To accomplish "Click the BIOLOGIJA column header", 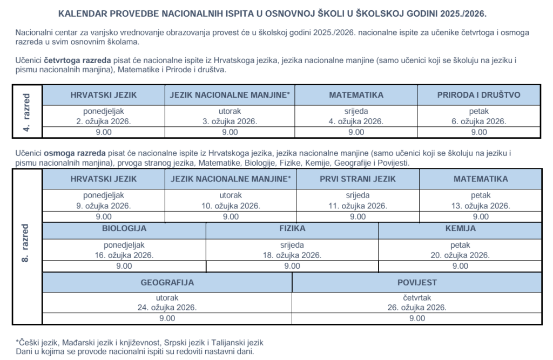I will click(x=124, y=228).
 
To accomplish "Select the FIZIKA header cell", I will click(x=292, y=228).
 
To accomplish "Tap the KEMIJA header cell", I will click(x=460, y=228).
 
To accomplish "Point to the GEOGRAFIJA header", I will click(x=167, y=282).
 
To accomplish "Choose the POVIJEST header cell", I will click(x=417, y=282).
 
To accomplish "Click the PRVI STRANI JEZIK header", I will click(x=358, y=179).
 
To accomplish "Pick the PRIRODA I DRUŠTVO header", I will click(x=478, y=95).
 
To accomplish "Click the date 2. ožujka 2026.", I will click(x=104, y=121).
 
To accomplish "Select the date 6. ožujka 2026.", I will click(x=478, y=121).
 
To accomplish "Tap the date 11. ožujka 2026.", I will click(x=358, y=206).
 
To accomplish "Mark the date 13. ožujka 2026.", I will click(x=481, y=206).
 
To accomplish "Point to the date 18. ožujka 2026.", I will click(x=292, y=255).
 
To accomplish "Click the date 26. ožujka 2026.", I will click(x=417, y=307).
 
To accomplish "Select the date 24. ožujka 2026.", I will click(x=167, y=307).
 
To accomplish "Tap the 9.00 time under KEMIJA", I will click(x=460, y=266).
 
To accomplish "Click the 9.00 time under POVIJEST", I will click(x=417, y=318).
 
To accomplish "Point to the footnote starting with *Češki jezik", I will click(x=140, y=342).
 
